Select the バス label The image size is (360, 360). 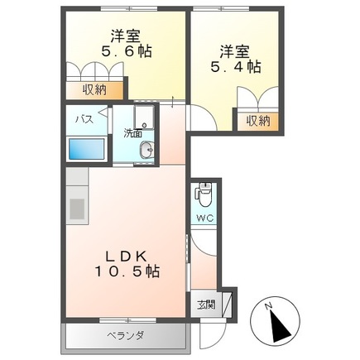click(x=84, y=119)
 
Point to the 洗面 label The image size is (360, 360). click(x=133, y=132)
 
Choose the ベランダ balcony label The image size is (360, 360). click(x=125, y=336)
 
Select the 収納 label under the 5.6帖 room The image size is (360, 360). click(x=94, y=89)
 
